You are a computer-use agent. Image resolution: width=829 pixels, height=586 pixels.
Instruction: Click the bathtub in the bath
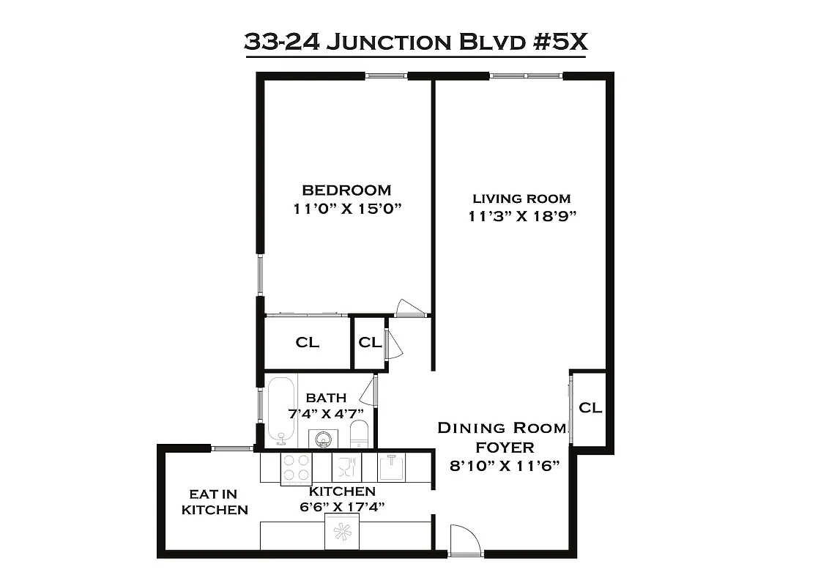[280, 411]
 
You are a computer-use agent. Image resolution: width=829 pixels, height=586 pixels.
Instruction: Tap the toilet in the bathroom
[359, 434]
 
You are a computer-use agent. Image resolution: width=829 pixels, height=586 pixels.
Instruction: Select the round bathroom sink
[321, 438]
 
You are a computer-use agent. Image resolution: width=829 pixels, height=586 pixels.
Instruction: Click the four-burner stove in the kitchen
[297, 467]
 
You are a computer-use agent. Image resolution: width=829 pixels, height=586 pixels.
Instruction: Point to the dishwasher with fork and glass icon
[343, 467]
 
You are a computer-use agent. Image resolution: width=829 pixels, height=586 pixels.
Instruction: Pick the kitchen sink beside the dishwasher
[392, 466]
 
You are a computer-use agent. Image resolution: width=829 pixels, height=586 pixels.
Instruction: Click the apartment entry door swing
[464, 541]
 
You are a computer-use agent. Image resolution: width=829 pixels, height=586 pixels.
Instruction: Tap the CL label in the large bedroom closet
[308, 343]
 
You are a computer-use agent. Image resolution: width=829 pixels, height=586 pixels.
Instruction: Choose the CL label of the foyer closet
[590, 408]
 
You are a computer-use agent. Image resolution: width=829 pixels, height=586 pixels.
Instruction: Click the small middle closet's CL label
[370, 342]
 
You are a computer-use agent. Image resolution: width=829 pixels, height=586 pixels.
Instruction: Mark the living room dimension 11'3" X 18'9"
[520, 216]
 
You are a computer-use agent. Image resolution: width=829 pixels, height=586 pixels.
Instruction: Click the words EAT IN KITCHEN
[214, 502]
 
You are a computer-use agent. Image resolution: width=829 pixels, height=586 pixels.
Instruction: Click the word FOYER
[505, 447]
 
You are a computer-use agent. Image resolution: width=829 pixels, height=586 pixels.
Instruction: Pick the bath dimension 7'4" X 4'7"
[325, 413]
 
